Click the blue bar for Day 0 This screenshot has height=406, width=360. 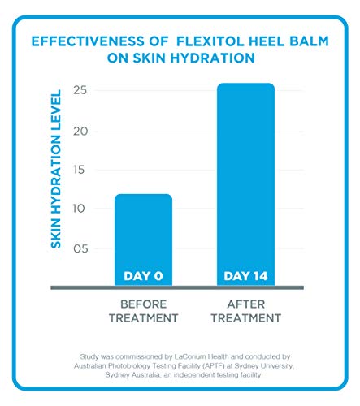click(143, 235)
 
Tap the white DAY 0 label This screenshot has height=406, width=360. click(143, 276)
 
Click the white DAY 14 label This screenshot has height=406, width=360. click(246, 276)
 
